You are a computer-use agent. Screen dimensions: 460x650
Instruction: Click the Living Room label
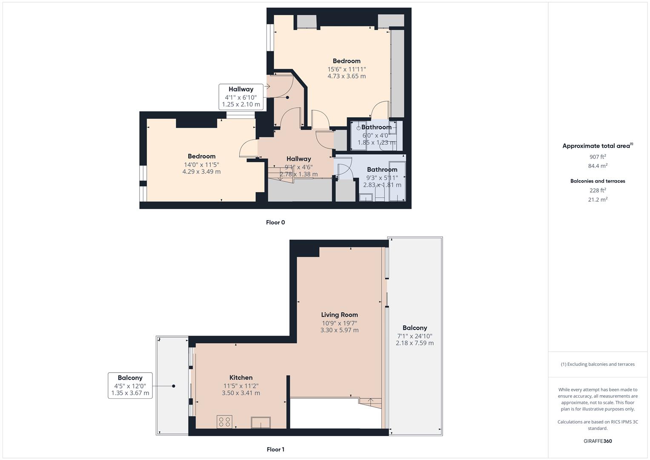point(339,315)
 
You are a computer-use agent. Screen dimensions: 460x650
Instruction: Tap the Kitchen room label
point(241,377)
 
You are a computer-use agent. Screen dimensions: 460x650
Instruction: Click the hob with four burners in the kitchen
point(224,422)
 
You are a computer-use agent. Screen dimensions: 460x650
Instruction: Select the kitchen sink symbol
point(261,422)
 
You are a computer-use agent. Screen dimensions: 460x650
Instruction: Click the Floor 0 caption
point(275,222)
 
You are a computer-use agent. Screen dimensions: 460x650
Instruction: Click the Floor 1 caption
point(275,449)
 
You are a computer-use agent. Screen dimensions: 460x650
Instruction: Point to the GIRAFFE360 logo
point(598,441)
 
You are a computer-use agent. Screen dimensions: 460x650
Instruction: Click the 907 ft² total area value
point(598,157)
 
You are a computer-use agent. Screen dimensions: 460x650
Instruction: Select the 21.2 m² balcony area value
point(598,199)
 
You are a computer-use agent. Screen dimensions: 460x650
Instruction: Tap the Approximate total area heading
point(598,146)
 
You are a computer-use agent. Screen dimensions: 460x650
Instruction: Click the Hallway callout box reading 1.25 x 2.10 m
point(241,97)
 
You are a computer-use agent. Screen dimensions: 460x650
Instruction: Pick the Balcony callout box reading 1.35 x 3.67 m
point(130,385)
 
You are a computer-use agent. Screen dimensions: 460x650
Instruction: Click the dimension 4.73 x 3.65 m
point(346,76)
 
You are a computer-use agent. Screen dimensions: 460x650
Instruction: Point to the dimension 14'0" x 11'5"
point(201,164)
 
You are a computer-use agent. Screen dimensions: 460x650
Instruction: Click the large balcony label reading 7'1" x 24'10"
point(415,336)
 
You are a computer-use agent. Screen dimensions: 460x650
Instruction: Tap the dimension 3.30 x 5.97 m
point(339,330)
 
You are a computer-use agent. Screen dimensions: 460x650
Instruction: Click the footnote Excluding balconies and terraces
point(598,364)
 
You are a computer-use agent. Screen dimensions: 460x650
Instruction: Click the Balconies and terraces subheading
point(598,181)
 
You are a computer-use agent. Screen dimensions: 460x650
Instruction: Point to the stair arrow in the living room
point(370,401)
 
